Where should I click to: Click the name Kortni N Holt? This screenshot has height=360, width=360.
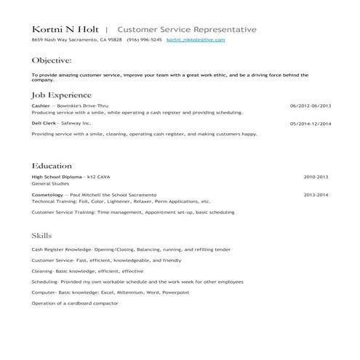[66, 29]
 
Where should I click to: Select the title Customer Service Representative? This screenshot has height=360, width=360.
[186, 29]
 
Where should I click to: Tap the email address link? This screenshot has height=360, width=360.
[196, 40]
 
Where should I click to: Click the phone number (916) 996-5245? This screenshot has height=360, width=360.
[144, 40]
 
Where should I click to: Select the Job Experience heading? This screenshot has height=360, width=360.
[62, 95]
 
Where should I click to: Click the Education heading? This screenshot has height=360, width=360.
[52, 166]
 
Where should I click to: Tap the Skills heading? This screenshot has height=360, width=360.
[42, 236]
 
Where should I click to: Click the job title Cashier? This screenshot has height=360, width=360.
[41, 105]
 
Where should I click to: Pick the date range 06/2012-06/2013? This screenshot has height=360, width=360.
[311, 105]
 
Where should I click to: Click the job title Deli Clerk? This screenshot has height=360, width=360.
[44, 123]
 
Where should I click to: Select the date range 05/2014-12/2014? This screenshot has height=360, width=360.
[311, 123]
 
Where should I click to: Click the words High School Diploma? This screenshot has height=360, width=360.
[57, 177]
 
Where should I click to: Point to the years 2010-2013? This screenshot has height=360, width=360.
[316, 177]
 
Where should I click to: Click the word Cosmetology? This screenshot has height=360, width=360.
[47, 195]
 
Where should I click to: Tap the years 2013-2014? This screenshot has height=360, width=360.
[316, 195]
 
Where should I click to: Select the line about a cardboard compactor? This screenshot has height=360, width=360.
[75, 303]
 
